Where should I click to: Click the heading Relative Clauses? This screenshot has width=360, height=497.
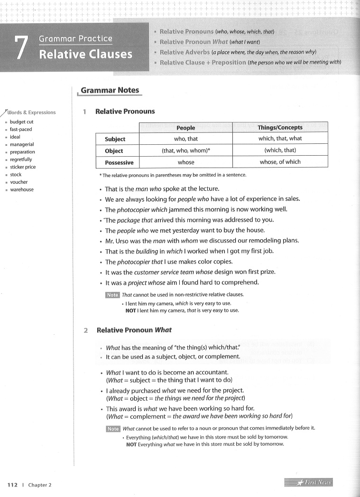(85, 54)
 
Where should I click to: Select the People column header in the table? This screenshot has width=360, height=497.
(185, 128)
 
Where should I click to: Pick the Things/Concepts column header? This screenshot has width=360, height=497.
(280, 127)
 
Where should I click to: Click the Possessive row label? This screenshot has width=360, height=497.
(119, 162)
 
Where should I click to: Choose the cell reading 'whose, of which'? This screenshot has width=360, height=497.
(280, 162)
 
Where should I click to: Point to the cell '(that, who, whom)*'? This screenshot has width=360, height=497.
(185, 150)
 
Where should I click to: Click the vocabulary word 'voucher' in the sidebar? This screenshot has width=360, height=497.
(19, 182)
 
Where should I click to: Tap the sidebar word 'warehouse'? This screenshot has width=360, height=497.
(22, 189)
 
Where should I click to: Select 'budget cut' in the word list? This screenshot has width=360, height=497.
(22, 122)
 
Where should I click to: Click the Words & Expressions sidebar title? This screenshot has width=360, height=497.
(31, 113)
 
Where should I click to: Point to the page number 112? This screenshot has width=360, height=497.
(12, 485)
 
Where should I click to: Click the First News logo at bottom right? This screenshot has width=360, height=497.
(308, 483)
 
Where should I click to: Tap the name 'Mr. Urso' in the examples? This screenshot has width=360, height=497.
(117, 240)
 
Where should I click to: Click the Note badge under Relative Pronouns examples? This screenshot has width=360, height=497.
(112, 295)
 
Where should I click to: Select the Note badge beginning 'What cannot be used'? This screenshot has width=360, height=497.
(113, 429)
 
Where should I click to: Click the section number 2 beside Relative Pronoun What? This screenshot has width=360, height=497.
(86, 330)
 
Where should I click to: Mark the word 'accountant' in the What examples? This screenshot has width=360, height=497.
(211, 372)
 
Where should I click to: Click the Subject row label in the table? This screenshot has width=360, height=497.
(115, 139)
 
